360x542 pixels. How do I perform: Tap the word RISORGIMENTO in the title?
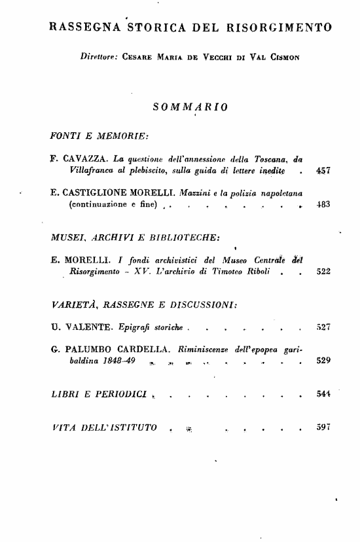279,27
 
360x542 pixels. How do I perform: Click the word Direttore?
99,57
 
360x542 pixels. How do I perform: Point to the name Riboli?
253,271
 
